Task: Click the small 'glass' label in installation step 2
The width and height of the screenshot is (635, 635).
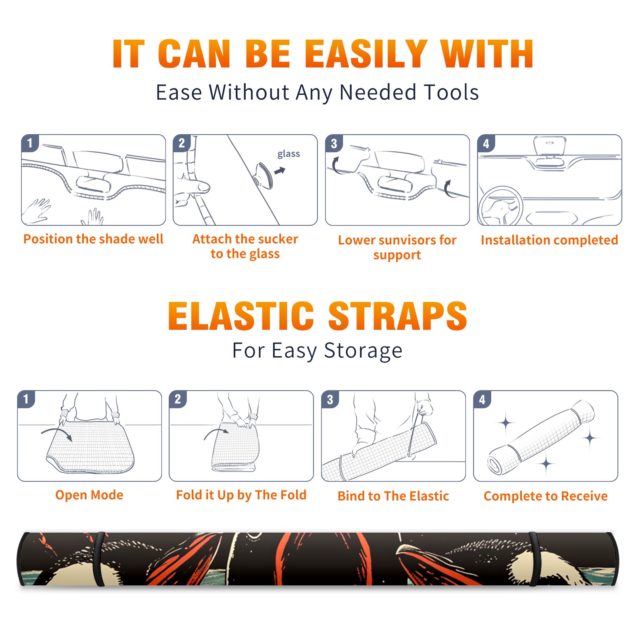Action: tap(289, 154)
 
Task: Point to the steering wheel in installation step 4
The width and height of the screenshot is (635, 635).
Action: tap(500, 206)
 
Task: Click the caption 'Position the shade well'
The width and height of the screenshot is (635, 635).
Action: tap(93, 239)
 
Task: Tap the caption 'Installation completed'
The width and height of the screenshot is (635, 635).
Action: tap(549, 240)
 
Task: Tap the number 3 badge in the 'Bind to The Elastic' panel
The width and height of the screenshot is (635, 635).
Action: tap(330, 399)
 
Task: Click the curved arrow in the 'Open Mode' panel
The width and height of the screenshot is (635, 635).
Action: tap(57, 433)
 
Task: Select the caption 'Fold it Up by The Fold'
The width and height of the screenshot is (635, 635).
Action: tap(241, 495)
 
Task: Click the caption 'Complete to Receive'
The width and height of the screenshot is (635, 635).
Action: tap(546, 496)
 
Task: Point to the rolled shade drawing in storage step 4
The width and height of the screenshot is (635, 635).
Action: tap(541, 437)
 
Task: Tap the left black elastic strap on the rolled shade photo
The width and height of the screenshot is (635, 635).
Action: tap(99, 559)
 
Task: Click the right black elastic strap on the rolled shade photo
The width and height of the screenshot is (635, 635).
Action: tap(534, 559)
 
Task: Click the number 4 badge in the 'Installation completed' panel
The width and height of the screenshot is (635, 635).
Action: tap(486, 143)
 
